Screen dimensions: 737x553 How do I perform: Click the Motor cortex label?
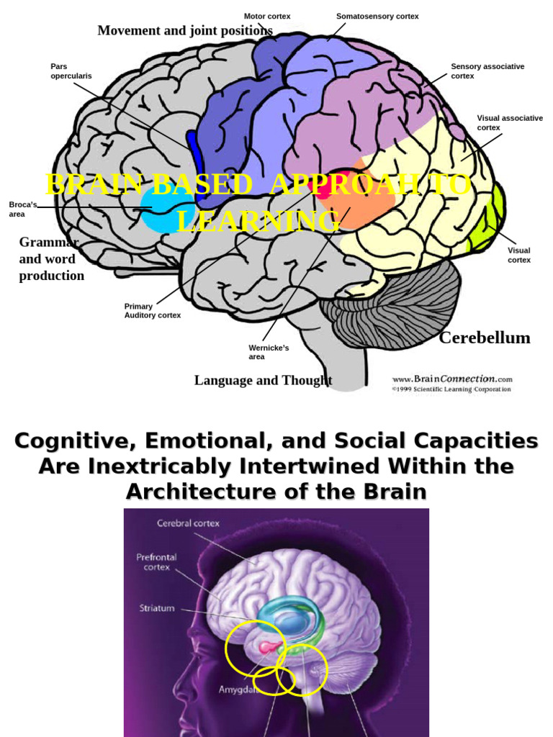pyautogui.click(x=266, y=16)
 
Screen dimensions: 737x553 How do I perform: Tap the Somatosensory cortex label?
pyautogui.click(x=377, y=16)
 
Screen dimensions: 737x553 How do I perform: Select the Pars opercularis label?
pyautogui.click(x=71, y=71)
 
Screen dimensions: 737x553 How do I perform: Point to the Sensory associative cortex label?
pyautogui.click(x=487, y=71)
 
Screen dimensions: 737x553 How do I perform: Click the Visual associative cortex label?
pyautogui.click(x=510, y=122)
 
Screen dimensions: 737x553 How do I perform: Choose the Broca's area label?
pyautogui.click(x=22, y=209)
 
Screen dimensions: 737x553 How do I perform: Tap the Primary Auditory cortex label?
pyautogui.click(x=152, y=311)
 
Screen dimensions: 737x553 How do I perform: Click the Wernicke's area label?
pyautogui.click(x=269, y=352)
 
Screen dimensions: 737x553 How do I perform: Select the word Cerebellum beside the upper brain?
pyautogui.click(x=485, y=338)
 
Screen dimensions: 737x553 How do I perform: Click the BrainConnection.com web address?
pyautogui.click(x=452, y=378)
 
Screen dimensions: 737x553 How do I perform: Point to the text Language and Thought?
pyautogui.click(x=263, y=380)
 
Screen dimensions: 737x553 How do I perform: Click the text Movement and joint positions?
pyautogui.click(x=185, y=30)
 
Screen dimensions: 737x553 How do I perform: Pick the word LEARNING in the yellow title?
pyautogui.click(x=257, y=221)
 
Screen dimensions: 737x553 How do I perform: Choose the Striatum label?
pyautogui.click(x=157, y=608)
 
